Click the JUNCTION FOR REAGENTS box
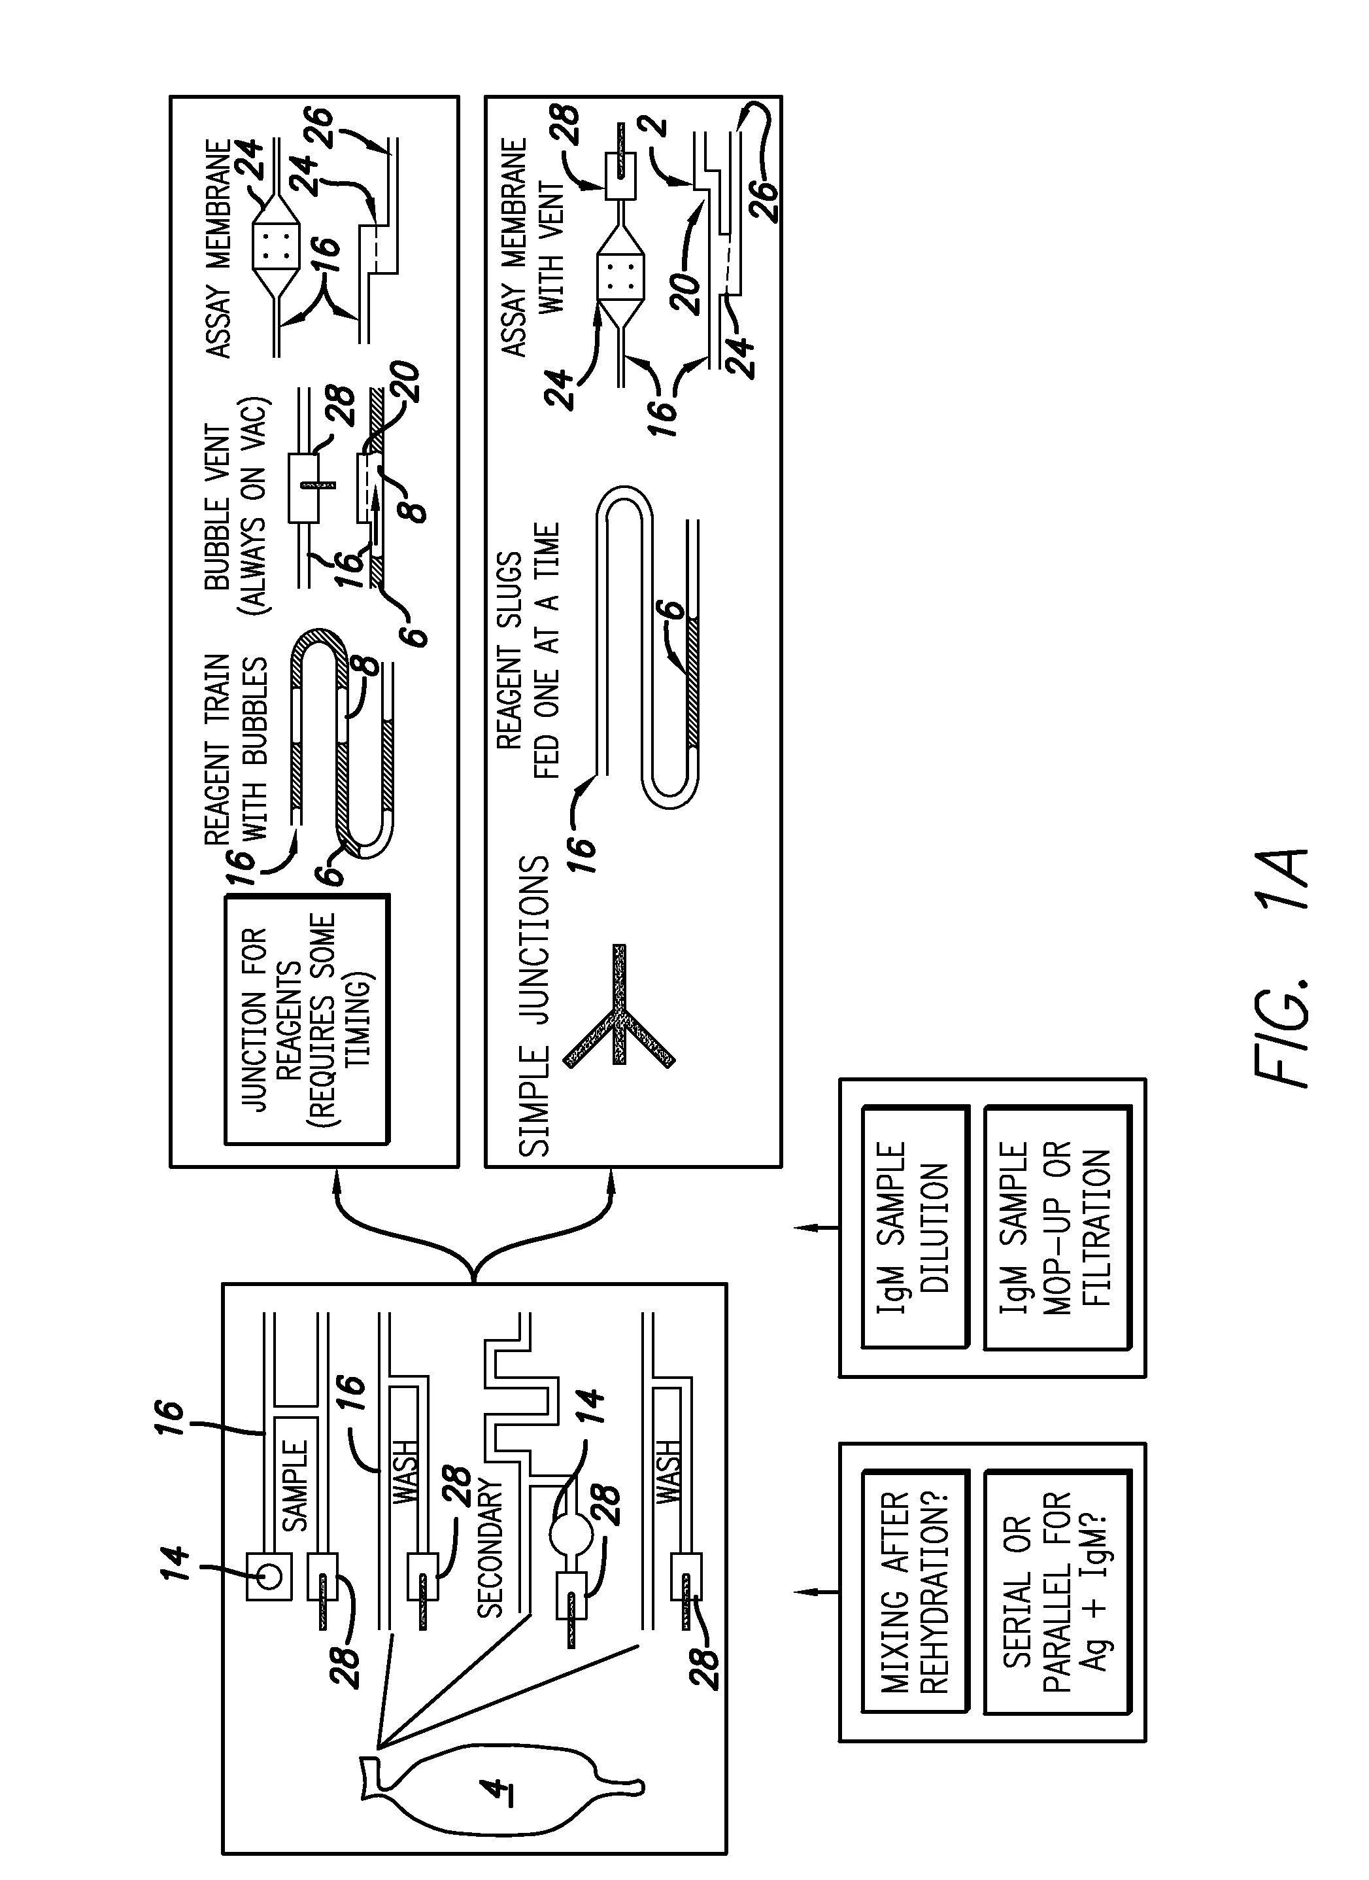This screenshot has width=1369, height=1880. (307, 1020)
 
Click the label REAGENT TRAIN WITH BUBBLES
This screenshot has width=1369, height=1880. (239, 750)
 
